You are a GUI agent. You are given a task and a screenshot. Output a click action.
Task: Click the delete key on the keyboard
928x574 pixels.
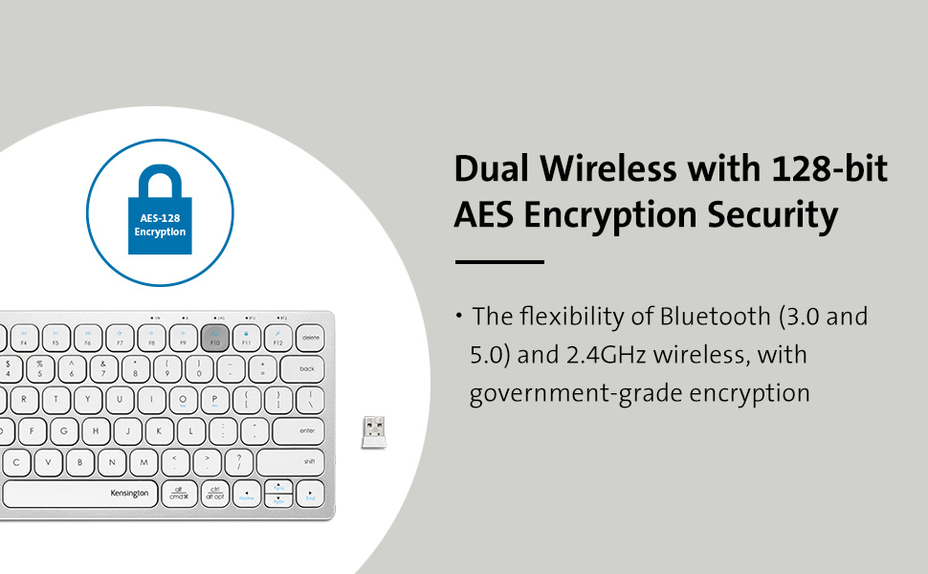click(310, 338)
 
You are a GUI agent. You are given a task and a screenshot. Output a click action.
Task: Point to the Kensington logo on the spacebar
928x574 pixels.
click(129, 494)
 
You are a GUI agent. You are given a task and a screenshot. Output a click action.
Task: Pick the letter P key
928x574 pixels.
click(214, 400)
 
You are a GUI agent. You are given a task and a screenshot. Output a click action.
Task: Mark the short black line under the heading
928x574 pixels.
click(498, 261)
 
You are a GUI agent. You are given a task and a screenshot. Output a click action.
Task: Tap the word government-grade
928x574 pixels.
click(571, 393)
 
